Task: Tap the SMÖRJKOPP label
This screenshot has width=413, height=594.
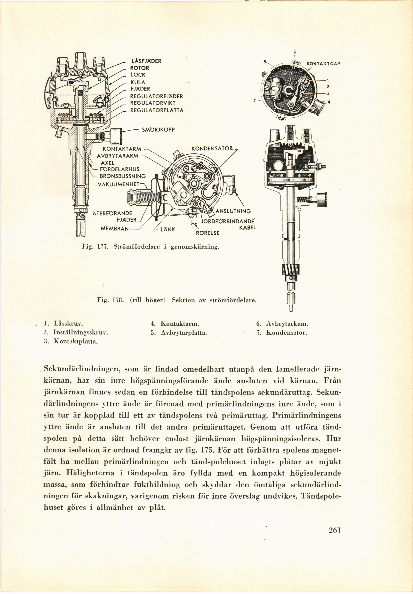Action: (x=158, y=130)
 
